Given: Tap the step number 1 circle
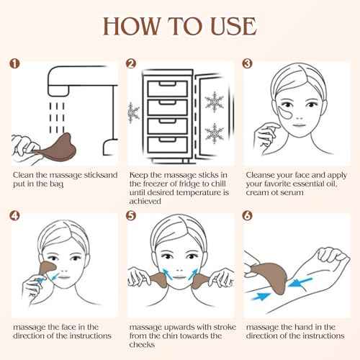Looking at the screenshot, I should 14,63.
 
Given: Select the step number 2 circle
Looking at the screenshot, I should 131,63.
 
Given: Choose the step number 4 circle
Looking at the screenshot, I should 14,215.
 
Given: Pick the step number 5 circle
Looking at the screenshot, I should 131,215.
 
